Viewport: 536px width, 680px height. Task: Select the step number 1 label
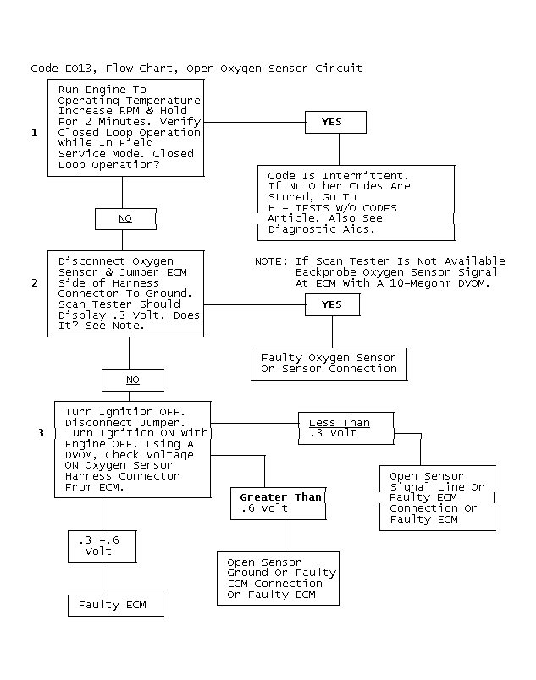click(35, 133)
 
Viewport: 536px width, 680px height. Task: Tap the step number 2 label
click(35, 283)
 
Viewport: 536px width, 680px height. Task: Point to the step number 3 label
click(41, 433)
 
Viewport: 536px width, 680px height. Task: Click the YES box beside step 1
click(336, 123)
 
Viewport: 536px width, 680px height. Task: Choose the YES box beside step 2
click(333, 304)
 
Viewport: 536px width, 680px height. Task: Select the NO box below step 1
click(126, 219)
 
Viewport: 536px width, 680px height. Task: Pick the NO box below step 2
click(133, 381)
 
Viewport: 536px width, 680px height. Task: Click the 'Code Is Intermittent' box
click(356, 203)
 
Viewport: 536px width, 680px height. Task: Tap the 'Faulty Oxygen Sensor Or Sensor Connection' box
click(329, 365)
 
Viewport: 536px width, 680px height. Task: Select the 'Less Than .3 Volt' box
click(346, 429)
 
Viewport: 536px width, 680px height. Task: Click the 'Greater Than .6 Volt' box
click(279, 503)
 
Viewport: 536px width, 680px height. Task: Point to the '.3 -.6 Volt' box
click(102, 547)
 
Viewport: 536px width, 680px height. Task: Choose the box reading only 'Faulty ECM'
click(116, 606)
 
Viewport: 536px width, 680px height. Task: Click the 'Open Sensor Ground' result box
click(279, 579)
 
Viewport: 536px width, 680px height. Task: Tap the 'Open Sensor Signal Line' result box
click(438, 498)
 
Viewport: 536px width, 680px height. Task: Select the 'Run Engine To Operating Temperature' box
click(126, 128)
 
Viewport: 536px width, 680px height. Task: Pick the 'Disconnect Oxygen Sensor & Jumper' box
click(126, 294)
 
